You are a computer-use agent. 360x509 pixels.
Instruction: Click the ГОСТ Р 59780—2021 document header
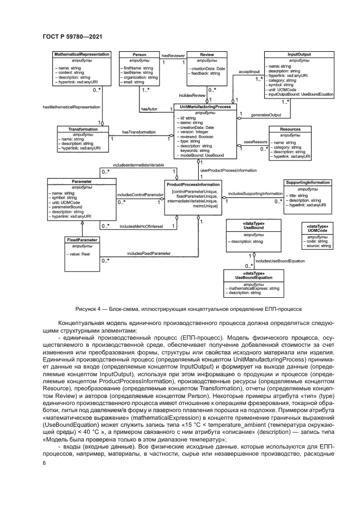click(x=73, y=37)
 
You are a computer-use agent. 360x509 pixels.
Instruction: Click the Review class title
click(x=206, y=54)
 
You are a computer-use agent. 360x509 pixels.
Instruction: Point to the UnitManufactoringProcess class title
click(x=205, y=107)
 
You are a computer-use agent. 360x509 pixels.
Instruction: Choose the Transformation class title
click(x=83, y=129)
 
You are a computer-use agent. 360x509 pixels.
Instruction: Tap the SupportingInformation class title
click(x=307, y=182)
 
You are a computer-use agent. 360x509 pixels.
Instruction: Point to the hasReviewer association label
click(x=173, y=56)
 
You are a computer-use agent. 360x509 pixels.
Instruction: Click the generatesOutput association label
click(x=265, y=115)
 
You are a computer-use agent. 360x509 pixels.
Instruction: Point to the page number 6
click(x=44, y=463)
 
